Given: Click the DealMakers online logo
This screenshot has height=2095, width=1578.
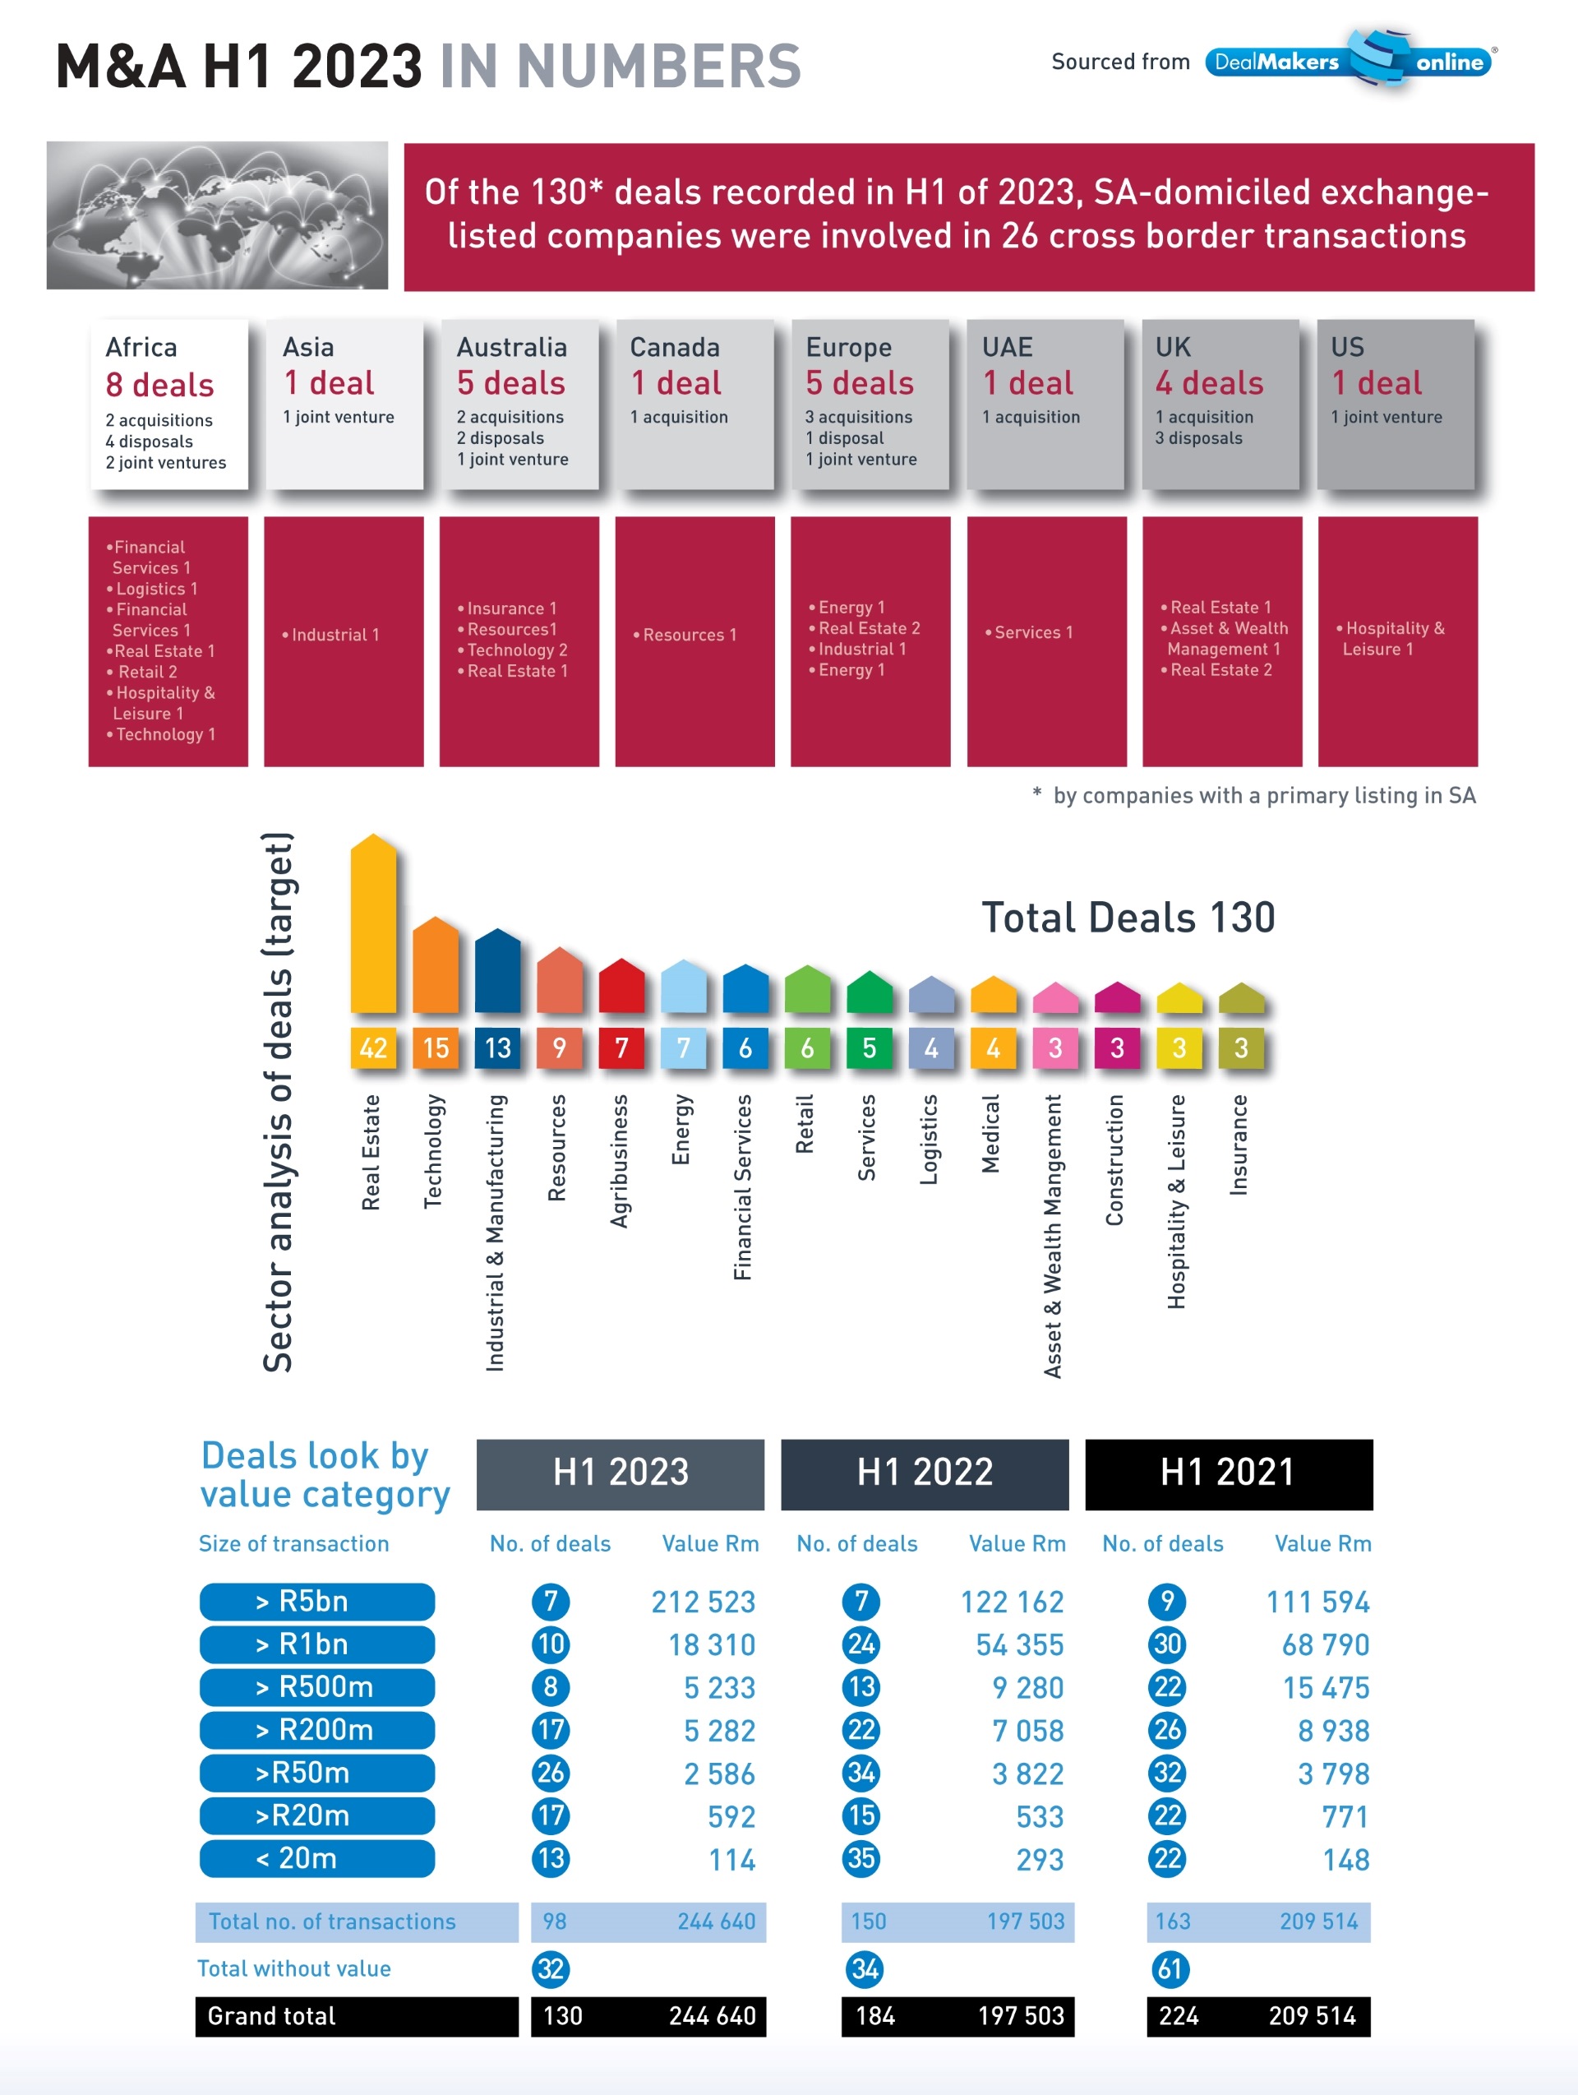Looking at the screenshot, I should pyautogui.click(x=1349, y=61).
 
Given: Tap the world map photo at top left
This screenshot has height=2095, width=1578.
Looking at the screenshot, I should pyautogui.click(x=217, y=215).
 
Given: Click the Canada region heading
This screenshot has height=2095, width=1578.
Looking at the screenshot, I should pyautogui.click(x=674, y=347).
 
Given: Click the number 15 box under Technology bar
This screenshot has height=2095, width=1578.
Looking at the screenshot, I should pyautogui.click(x=436, y=1047).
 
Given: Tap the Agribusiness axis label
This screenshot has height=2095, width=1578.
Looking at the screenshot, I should pyautogui.click(x=619, y=1160).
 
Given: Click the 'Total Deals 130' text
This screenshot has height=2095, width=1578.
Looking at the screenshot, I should pyautogui.click(x=1128, y=917).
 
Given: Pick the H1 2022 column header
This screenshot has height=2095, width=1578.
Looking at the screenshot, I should pyautogui.click(x=924, y=1473).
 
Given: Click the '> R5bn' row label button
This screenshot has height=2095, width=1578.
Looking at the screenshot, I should pyautogui.click(x=316, y=1601).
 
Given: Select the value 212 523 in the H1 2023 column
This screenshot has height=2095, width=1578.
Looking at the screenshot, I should pyautogui.click(x=703, y=1602).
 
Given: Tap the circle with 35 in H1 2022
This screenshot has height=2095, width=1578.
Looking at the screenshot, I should pyautogui.click(x=861, y=1858).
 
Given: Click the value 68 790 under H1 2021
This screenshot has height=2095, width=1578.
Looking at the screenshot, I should pyautogui.click(x=1324, y=1644).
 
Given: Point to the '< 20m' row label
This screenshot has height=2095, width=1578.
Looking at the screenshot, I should pyautogui.click(x=316, y=1858).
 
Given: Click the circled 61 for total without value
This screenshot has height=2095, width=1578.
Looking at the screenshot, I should pyautogui.click(x=1169, y=1969).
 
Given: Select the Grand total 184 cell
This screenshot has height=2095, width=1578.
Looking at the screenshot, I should pyautogui.click(x=874, y=2015).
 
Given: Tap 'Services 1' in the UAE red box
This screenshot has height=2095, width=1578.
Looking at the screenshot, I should pyautogui.click(x=1029, y=631).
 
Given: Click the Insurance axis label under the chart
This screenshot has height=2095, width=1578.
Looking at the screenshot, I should pyautogui.click(x=1239, y=1144).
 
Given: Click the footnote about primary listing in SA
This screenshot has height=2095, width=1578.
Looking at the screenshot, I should pyautogui.click(x=1254, y=794).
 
